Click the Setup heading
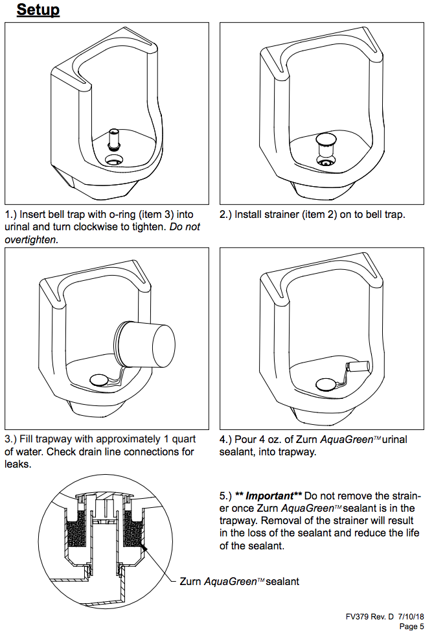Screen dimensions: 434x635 [38, 10]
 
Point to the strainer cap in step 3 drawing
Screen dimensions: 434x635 [99, 379]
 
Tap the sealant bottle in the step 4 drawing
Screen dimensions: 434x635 [358, 367]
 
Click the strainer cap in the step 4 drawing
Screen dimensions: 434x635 [326, 384]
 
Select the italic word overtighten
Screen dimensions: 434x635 [30, 240]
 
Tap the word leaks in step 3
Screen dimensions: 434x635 [17, 464]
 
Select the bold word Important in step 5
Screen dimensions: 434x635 [269, 496]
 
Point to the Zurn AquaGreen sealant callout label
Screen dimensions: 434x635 [239, 582]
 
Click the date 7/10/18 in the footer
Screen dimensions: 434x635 [411, 617]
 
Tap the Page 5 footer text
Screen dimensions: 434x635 [411, 627]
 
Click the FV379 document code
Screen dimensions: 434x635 [358, 617]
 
